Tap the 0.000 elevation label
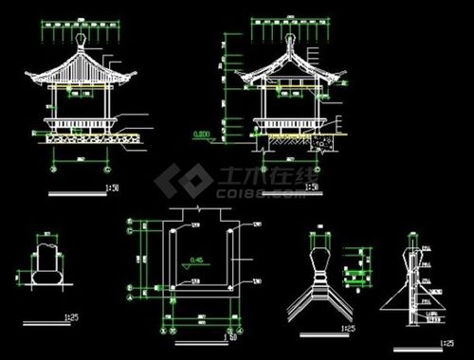(200, 134)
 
